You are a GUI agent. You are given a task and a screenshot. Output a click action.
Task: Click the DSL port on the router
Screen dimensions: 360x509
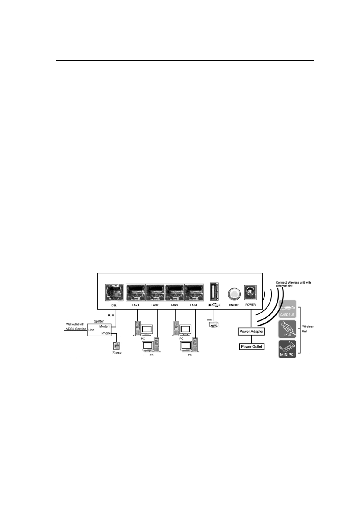pyautogui.click(x=114, y=293)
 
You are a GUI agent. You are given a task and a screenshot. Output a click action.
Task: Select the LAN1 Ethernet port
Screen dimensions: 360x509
pyautogui.click(x=136, y=293)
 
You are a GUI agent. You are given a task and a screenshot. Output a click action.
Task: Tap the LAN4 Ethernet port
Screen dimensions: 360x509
pyautogui.click(x=194, y=293)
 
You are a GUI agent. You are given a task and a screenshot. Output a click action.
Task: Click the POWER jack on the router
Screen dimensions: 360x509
pyautogui.click(x=250, y=292)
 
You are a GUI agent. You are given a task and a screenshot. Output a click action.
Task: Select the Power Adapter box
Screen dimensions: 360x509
pyautogui.click(x=251, y=332)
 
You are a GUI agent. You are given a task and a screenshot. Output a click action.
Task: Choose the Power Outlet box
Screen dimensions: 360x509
pyautogui.click(x=251, y=347)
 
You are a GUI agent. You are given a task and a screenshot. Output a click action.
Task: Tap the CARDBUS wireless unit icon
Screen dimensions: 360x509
pyautogui.click(x=287, y=309)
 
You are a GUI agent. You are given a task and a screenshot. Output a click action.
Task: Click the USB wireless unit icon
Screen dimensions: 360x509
pyautogui.click(x=287, y=329)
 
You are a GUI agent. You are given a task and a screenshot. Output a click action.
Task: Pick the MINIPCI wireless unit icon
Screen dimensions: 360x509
pyautogui.click(x=287, y=349)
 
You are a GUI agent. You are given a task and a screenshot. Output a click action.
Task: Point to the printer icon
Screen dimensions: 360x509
pyautogui.click(x=214, y=325)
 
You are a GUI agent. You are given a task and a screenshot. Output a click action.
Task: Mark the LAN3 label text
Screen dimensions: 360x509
pyautogui.click(x=174, y=305)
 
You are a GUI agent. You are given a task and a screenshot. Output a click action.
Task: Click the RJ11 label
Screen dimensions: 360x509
pyautogui.click(x=111, y=315)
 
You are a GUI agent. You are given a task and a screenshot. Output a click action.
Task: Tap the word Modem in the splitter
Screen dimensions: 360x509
pyautogui.click(x=105, y=326)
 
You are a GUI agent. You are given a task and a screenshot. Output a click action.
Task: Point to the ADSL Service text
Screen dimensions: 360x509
pyautogui.click(x=76, y=329)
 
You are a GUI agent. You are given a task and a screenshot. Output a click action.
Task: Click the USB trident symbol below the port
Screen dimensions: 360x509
pyautogui.click(x=214, y=305)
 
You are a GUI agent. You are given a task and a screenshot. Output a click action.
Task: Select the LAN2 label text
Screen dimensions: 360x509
pyautogui.click(x=155, y=305)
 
